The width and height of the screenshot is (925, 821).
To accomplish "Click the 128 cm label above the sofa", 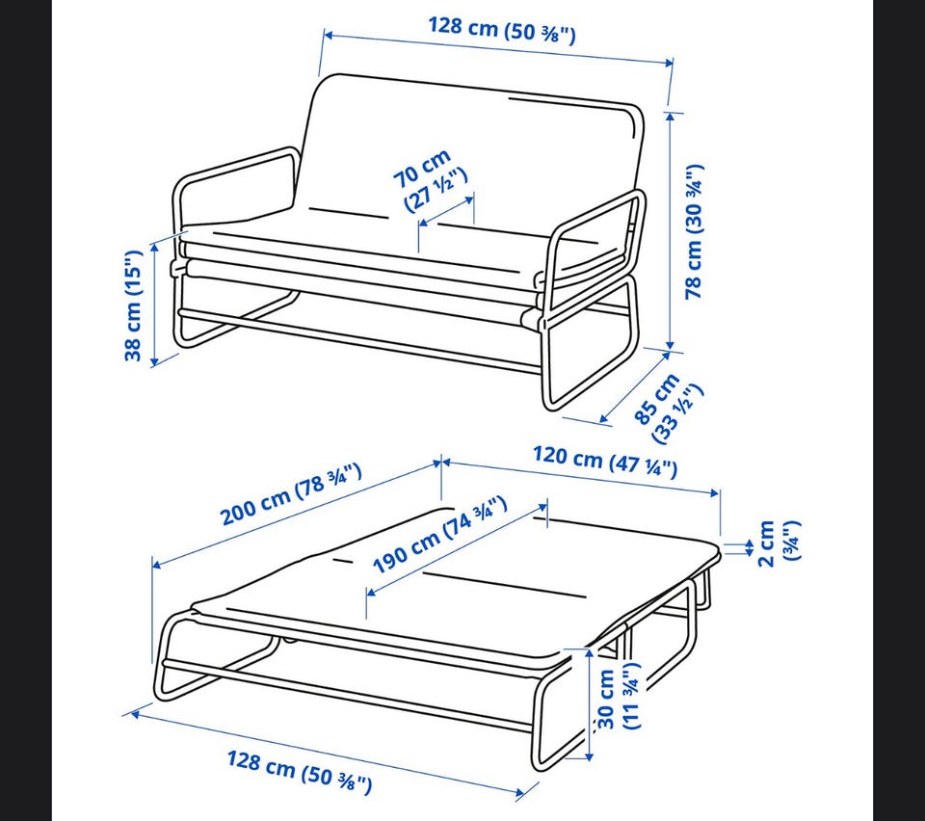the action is (501, 31).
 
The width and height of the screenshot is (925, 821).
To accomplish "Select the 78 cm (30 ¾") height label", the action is (695, 231).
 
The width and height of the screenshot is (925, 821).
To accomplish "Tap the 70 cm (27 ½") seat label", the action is (430, 180).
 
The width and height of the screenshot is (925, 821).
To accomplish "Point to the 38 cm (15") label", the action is (133, 305).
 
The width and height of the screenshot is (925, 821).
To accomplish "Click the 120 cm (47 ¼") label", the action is (605, 462).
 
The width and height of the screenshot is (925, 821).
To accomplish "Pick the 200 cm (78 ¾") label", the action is (290, 494).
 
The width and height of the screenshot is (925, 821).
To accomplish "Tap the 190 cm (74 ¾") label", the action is (439, 535).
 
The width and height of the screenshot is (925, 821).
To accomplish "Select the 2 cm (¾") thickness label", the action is (779, 543).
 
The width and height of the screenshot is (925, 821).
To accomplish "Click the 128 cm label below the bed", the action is (300, 772).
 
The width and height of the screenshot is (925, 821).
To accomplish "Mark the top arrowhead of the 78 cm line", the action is (671, 117).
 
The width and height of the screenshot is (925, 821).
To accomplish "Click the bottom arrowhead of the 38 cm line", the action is (154, 361).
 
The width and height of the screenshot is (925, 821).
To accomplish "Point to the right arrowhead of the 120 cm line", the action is (714, 492).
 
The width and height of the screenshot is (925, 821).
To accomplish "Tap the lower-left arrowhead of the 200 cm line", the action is (157, 565).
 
